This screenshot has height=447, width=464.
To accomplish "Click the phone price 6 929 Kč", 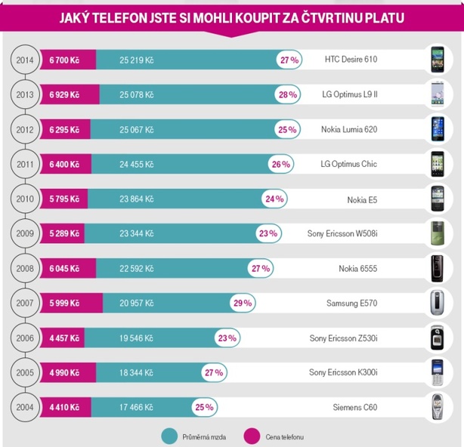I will pos(64,94).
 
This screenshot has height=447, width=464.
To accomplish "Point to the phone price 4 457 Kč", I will pos(64,338).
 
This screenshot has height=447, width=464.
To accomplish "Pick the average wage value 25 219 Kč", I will pos(136,59).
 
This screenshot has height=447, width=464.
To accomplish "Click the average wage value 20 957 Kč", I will pos(136,303).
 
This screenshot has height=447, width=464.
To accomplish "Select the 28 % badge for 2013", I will pos(288,94).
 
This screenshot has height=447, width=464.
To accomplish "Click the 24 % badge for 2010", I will pos(274,199).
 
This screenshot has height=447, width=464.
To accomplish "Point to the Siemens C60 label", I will pos(354,407).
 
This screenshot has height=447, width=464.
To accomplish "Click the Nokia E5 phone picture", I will pos(438,198).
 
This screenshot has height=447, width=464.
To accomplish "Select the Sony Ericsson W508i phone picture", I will pos(438,233).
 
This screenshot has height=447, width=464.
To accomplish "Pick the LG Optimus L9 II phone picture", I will pos(438,94).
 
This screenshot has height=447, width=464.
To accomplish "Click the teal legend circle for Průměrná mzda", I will pos(169,436).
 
